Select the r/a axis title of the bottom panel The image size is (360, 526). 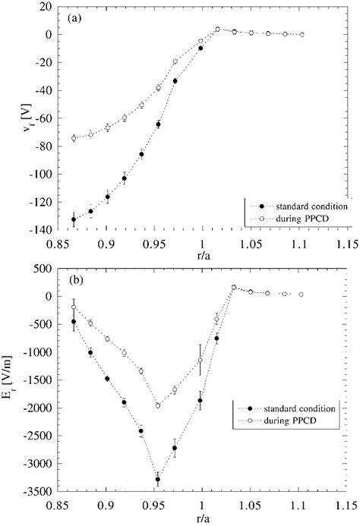[201, 515]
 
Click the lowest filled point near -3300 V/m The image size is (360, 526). [158, 479]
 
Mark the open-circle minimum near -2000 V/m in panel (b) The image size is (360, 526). [158, 405]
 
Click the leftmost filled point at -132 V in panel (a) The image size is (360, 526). [74, 219]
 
